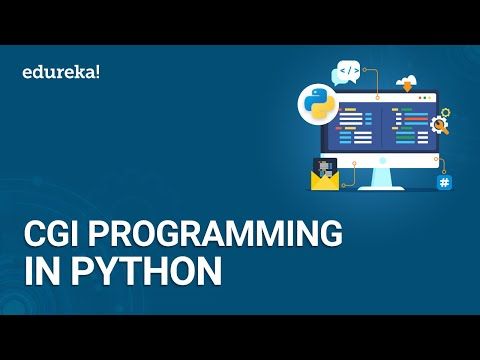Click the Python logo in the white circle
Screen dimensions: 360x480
pos(318,103)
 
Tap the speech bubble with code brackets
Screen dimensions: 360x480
pos(348,71)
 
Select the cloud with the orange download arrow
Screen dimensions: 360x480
pos(404,82)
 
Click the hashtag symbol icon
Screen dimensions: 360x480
pos(444,183)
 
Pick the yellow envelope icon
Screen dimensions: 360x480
pos(324,179)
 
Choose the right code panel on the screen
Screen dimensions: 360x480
pos(408,127)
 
